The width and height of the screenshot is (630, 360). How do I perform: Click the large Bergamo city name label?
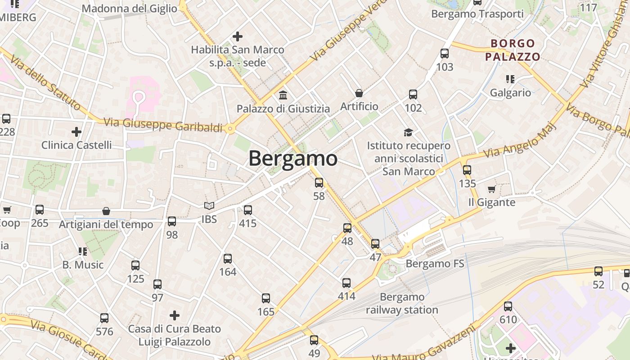(x=292, y=158)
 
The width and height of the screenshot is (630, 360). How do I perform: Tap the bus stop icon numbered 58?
(x=319, y=182)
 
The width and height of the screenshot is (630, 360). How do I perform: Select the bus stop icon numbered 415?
(x=247, y=210)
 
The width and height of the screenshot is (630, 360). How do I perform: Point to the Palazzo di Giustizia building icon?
(x=283, y=95)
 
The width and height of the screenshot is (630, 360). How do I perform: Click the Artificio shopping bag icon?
(x=359, y=93)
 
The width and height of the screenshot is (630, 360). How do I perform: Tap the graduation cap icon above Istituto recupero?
(x=408, y=132)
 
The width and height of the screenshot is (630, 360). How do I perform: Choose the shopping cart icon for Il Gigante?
(x=491, y=189)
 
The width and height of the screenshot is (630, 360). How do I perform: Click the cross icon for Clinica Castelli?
(x=76, y=132)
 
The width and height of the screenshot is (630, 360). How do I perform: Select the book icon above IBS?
(x=209, y=206)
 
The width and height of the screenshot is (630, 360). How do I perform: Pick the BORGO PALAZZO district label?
(x=513, y=50)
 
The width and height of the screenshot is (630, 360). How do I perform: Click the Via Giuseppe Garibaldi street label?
(x=163, y=125)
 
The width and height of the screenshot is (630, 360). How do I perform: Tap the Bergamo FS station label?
(x=435, y=263)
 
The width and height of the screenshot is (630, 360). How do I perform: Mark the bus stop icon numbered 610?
(x=508, y=306)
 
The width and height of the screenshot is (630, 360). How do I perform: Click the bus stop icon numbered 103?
(x=445, y=54)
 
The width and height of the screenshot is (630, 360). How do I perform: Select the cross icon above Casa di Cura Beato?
(x=174, y=315)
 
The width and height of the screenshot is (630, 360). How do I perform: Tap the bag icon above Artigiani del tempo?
(x=106, y=211)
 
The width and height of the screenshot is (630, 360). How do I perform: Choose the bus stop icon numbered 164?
(x=228, y=259)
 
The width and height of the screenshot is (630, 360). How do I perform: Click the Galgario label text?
(x=510, y=93)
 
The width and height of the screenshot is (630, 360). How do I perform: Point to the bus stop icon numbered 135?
(x=467, y=170)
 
